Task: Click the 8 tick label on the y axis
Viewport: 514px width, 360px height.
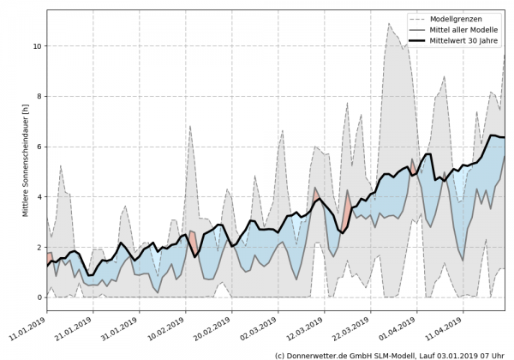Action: [x=37, y=96]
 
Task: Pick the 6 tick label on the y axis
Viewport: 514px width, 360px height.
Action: [x=37, y=147]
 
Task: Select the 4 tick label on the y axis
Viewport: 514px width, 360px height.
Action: [x=37, y=197]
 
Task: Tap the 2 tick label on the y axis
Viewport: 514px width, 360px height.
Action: [x=37, y=247]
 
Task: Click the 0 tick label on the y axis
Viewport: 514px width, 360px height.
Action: [x=37, y=297]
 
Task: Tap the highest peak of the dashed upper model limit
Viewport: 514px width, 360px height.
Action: [x=413, y=23]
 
